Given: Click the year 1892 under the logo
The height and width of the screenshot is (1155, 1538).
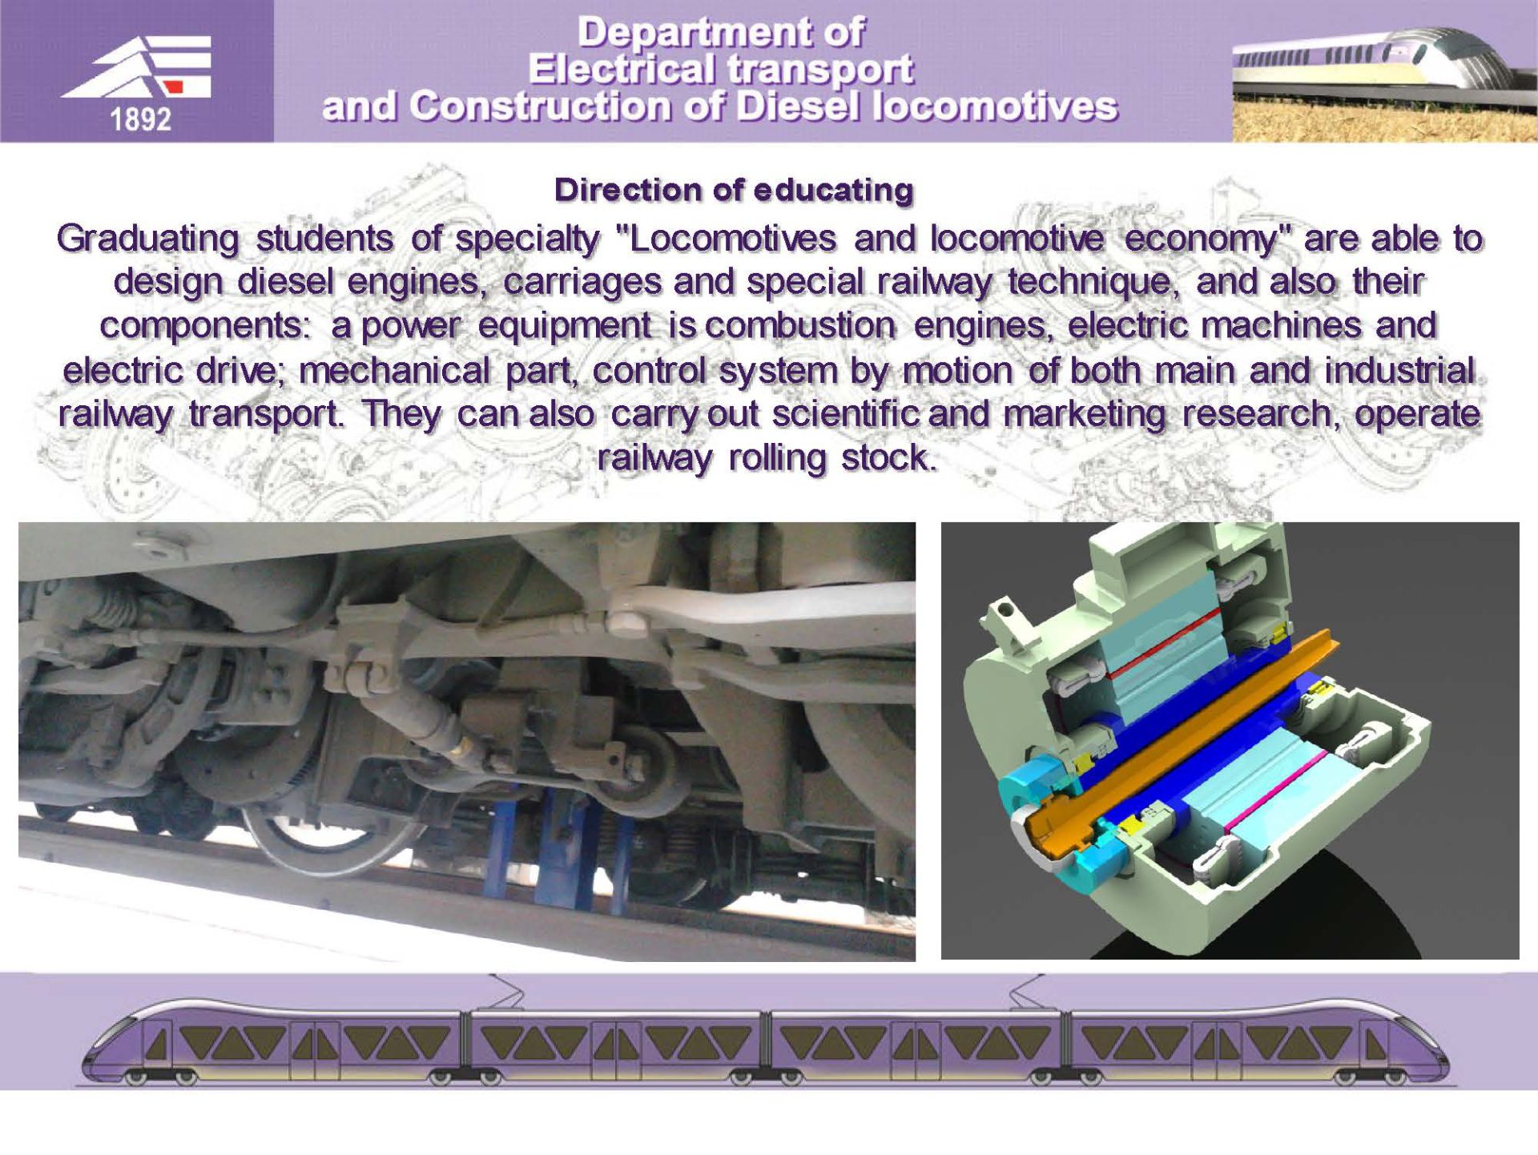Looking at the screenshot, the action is click(140, 119).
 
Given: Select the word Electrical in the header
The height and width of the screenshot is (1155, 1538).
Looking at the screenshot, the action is click(620, 69).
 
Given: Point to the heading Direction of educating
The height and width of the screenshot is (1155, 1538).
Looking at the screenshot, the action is click(734, 190).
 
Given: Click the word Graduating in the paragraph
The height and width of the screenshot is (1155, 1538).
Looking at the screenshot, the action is click(148, 239).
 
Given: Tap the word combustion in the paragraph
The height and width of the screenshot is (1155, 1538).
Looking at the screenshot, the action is click(799, 326).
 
